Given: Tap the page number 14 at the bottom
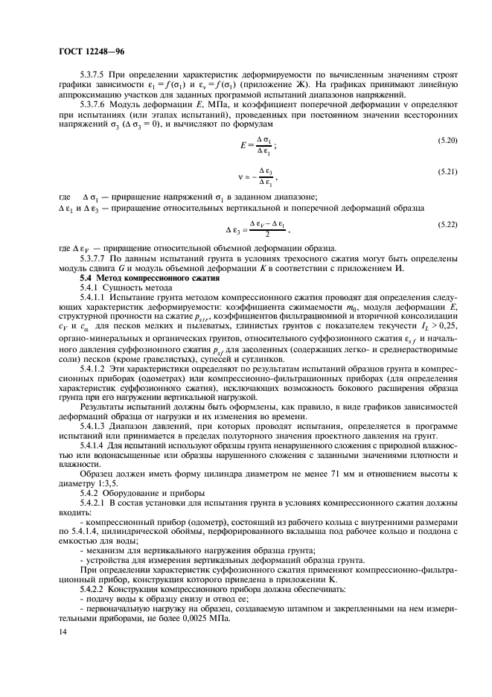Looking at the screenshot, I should click(x=62, y=631).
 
